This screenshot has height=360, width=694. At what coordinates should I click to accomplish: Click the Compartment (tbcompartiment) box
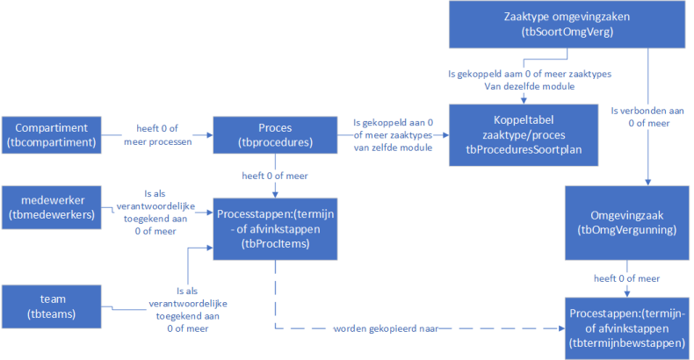pos(51,135)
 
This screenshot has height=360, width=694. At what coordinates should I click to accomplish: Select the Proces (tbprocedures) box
pos(275,135)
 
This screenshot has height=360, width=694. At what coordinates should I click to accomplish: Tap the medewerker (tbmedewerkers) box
pos(51,207)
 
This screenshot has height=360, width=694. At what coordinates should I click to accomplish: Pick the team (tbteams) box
pos(51,306)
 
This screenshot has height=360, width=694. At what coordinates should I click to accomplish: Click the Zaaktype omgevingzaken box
pos(567,25)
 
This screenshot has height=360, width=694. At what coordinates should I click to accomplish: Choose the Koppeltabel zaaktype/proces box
pos(524,135)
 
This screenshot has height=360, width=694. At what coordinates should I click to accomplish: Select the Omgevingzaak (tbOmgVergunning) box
pos(626,222)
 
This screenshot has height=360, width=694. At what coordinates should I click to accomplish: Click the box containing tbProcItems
pos(275,228)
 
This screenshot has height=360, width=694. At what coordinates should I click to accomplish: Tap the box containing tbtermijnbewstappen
pos(626,328)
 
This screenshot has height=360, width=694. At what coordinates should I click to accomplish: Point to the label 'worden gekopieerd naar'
pos(386,328)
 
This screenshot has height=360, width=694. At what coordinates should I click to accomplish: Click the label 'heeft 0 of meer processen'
pos(157,135)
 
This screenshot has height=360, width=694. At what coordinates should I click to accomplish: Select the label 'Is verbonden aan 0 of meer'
pos(648,117)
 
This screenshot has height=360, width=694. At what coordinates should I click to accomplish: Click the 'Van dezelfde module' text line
pos(530,86)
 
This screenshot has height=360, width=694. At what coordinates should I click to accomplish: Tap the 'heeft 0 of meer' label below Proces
pos(275,176)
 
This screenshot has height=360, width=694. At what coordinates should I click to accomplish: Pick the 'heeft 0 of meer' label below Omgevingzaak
pos(626,278)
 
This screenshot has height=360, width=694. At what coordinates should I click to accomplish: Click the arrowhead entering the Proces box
pos(210,135)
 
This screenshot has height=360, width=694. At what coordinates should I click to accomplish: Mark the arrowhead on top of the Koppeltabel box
pos(524,101)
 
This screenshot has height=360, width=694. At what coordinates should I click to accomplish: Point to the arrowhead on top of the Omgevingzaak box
pos(648,183)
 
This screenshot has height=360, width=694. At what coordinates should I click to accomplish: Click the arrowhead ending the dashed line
pos(561,328)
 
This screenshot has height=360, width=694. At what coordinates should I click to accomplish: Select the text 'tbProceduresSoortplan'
pos(524,150)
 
